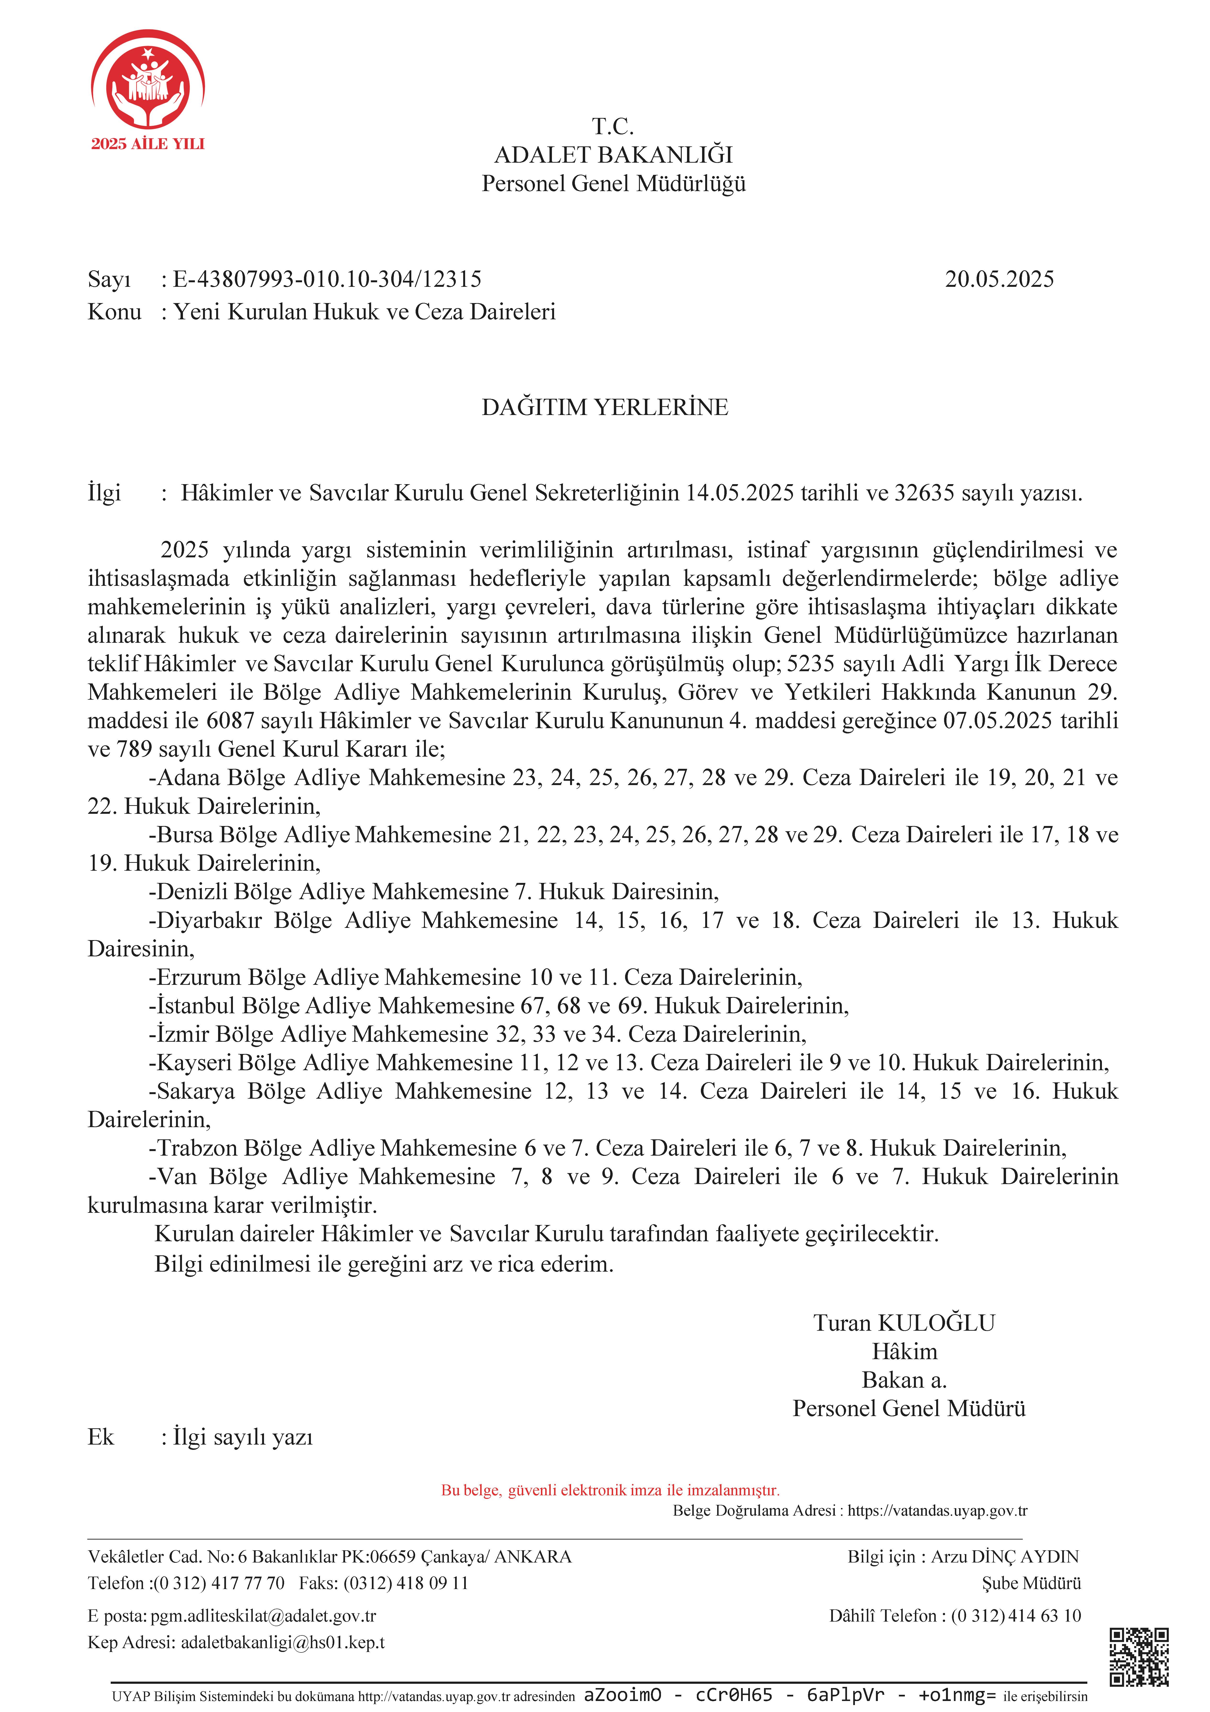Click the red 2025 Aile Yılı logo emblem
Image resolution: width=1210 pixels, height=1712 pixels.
(148, 81)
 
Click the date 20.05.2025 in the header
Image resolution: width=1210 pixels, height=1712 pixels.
(999, 280)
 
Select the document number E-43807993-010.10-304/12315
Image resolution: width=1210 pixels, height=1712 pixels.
(327, 280)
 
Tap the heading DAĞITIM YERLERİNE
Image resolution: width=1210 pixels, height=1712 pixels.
(605, 407)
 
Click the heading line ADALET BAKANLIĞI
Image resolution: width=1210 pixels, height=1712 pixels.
(613, 155)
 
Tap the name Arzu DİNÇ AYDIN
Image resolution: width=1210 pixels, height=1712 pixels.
(1004, 1556)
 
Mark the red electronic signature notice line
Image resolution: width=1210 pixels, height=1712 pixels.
(610, 1490)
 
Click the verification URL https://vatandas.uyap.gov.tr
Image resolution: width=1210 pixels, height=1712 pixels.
(937, 1511)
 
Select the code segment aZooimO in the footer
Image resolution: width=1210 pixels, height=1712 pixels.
(622, 1695)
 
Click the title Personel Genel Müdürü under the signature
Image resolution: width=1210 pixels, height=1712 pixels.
(909, 1408)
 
